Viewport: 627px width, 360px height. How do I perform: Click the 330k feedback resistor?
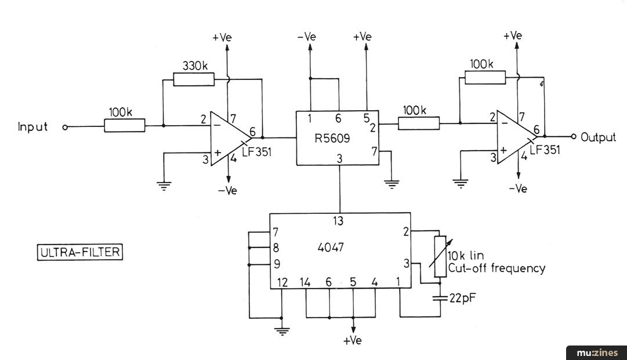194,79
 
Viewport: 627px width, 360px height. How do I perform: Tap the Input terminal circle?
65,127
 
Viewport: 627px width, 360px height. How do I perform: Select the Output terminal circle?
574,137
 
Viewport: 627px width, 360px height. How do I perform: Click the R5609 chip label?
332,138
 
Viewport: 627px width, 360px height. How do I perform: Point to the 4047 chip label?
330,248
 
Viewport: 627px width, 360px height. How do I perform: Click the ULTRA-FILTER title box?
80,252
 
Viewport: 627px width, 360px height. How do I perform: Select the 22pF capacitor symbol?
440,298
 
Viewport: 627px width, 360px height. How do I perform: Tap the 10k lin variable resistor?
440,256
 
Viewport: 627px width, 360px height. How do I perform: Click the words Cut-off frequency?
496,268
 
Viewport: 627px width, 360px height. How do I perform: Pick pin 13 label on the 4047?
338,221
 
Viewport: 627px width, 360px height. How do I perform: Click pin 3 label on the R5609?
339,159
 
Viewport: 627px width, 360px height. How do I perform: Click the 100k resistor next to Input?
125,125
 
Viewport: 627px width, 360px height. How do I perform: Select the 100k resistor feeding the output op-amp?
419,123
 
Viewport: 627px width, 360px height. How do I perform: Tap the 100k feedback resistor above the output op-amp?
485,77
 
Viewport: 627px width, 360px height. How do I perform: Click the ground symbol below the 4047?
282,331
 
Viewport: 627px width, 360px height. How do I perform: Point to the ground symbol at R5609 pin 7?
392,184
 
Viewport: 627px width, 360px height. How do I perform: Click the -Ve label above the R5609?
307,37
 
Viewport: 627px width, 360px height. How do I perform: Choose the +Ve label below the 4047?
352,341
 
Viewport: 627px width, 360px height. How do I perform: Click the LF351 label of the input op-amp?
257,152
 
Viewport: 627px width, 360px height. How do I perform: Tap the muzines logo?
597,353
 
